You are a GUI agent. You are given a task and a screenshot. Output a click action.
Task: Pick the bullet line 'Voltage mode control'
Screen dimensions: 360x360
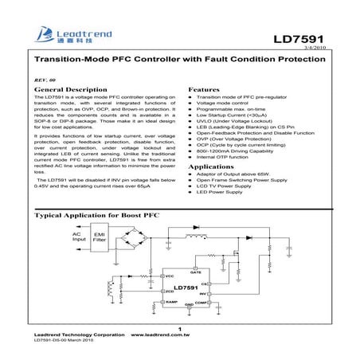point(226,107)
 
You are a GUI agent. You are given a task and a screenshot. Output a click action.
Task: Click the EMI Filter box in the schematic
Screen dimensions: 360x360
point(99,237)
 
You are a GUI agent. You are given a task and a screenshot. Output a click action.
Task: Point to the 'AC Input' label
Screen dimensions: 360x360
point(79,237)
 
